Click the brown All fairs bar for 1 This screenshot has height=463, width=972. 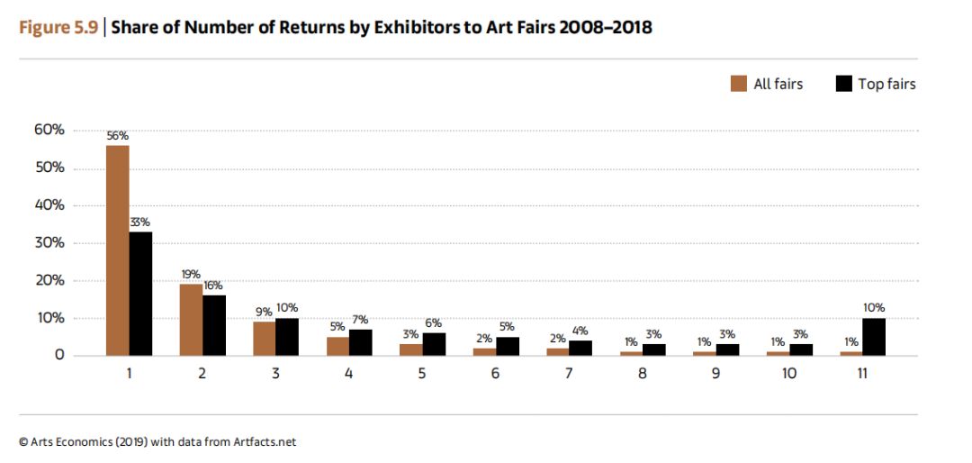click(118, 250)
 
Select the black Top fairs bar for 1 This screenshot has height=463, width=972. click(140, 294)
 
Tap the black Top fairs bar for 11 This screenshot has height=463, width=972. click(874, 337)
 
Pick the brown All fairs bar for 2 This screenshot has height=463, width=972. click(191, 320)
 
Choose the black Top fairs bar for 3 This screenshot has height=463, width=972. click(287, 337)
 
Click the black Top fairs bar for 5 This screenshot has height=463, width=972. click(434, 344)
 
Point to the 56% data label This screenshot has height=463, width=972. click(117, 136)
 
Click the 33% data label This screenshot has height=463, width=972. click(140, 222)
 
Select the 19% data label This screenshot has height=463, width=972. click(191, 275)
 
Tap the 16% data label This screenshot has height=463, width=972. click(212, 286)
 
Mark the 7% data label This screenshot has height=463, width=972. click(360, 320)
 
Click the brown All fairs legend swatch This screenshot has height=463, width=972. click(739, 84)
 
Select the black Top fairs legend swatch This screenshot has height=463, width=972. click(843, 84)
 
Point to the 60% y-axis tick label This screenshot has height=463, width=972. click(49, 131)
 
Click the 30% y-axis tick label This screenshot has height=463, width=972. click(49, 243)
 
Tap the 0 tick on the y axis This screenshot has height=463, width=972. click(58, 356)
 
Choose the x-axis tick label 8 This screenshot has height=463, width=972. click(643, 374)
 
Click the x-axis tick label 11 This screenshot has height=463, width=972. click(862, 374)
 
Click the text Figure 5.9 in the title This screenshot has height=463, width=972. click(58, 28)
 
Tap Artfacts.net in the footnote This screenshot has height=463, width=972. click(265, 442)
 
